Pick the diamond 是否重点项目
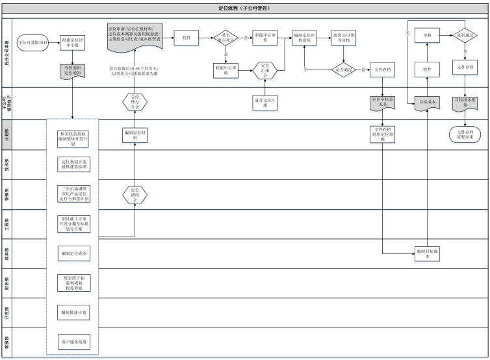coord(227,37)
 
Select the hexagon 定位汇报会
coord(265,70)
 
